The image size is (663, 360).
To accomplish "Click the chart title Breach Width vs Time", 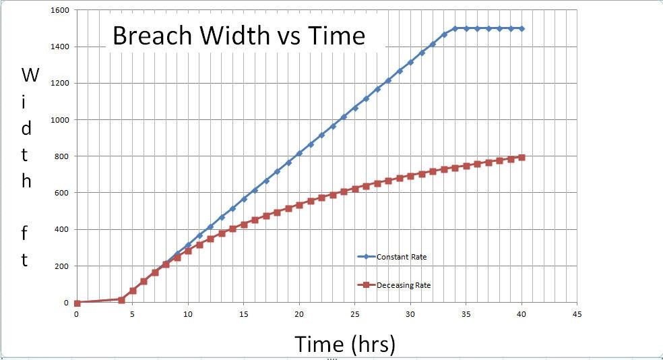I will pos(239,36).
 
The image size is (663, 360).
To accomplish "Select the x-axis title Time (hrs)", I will pos(344,344).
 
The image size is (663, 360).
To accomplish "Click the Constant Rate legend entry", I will pos(401,257).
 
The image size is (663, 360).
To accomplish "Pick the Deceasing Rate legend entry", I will pos(404,285).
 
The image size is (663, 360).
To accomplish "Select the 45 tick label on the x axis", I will pos(577,314).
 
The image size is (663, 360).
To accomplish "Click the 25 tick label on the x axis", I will pos(354,314).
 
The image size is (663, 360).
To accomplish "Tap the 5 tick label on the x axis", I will pos(132,314).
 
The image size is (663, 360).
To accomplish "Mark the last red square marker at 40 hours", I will pos(522,158).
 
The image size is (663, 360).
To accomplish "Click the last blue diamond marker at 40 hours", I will pos(522,28).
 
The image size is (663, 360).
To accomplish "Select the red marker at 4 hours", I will pos(121,299).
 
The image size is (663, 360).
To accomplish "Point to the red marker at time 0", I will pos(77,303).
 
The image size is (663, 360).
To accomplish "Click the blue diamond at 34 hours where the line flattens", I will pos(455,28).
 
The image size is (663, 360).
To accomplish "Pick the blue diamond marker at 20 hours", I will pos(299,153).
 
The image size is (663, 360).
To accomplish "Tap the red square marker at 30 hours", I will pos(410,176).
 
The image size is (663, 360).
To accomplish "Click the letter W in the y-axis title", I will pos(29,75).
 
